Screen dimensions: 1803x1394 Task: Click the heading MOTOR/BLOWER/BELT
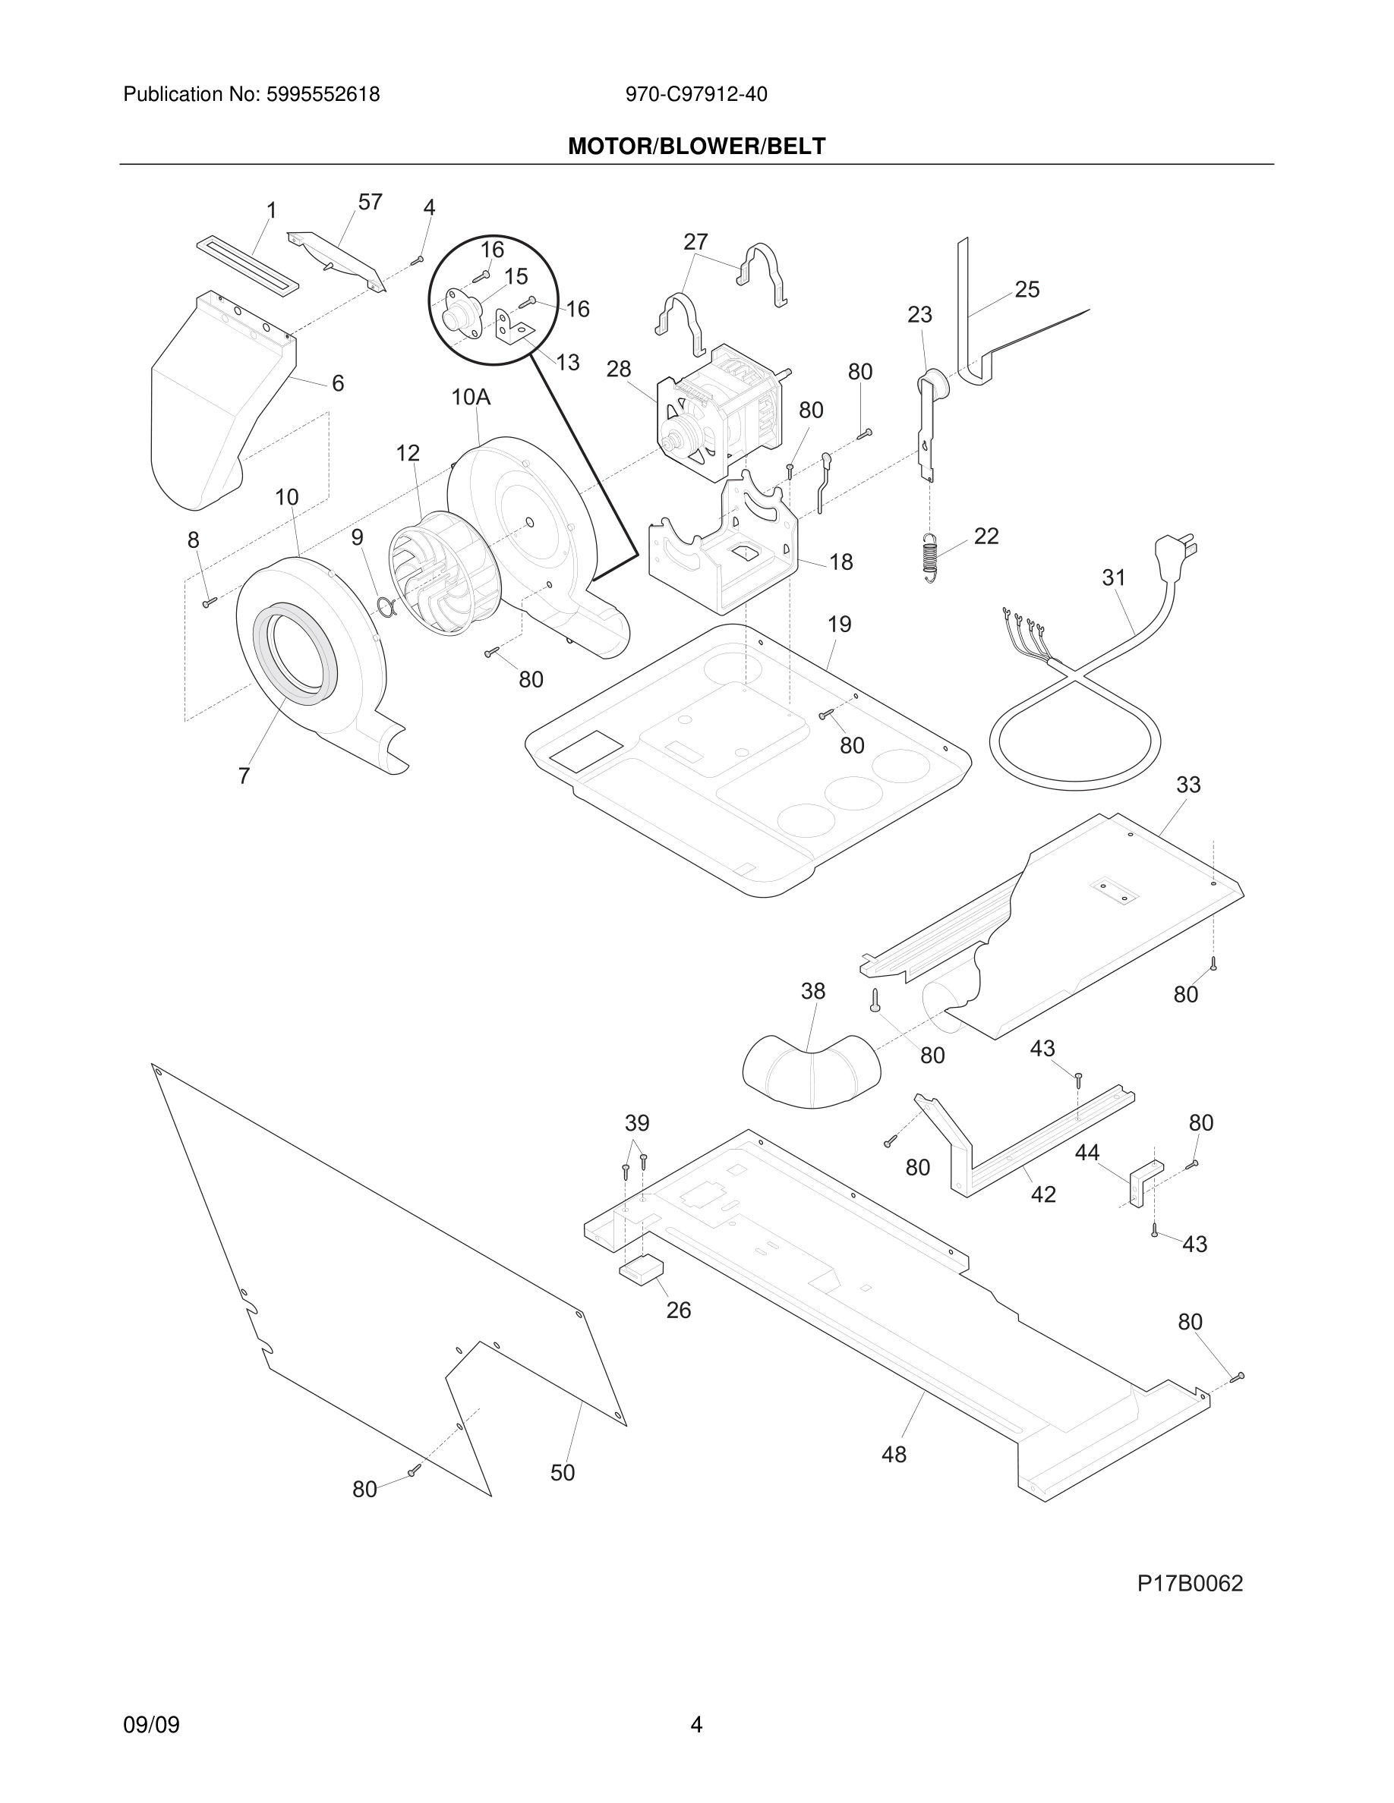(696, 146)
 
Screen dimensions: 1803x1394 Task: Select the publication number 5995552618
(323, 94)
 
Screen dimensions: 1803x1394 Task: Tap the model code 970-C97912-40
(696, 94)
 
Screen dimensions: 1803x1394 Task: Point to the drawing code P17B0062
(1189, 1584)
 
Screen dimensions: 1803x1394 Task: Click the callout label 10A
(471, 397)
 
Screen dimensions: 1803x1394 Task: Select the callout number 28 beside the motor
(619, 369)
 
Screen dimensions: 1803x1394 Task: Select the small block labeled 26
(642, 1269)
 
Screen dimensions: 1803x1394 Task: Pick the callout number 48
(894, 1454)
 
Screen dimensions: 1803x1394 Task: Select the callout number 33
(1187, 785)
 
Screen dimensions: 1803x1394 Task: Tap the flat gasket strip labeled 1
(247, 266)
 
